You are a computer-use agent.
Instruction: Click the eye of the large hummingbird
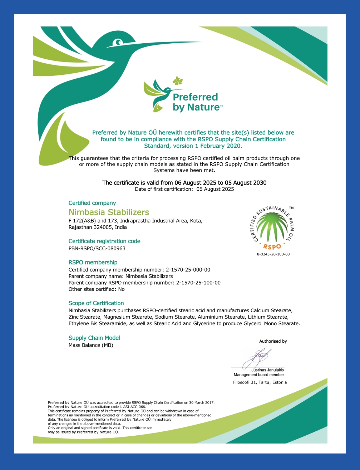tap(118, 43)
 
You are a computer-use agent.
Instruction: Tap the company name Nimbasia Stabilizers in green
tap(109, 212)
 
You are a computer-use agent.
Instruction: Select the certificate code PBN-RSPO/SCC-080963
tap(97, 248)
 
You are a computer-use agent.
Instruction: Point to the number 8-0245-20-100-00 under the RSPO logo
tap(273, 254)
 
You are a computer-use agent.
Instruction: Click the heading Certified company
tap(92, 203)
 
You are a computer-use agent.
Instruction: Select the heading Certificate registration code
tap(104, 241)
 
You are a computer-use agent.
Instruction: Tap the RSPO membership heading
tap(93, 262)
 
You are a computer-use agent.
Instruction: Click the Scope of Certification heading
tap(96, 303)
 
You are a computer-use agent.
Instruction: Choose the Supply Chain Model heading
tap(94, 338)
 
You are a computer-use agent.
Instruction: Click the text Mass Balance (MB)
tap(91, 345)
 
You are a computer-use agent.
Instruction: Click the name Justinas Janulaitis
tap(267, 370)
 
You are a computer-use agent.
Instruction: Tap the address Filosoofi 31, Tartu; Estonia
tap(260, 382)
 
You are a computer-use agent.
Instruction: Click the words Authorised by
tap(273, 341)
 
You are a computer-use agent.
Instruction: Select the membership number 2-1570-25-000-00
tap(188, 270)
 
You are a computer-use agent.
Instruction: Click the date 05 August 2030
tap(246, 182)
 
